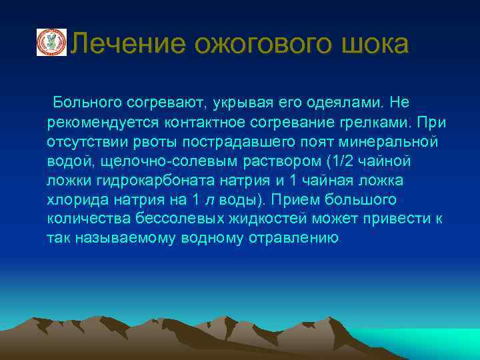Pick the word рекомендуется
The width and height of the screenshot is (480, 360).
pyautogui.click(x=94, y=123)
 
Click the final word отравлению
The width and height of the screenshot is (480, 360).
pyautogui.click(x=295, y=238)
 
